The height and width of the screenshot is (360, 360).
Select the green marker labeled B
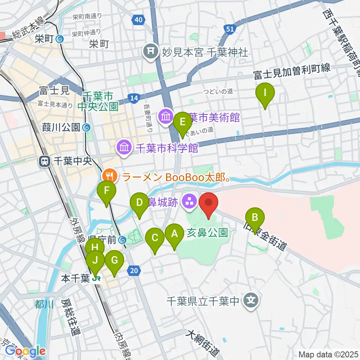[x=255, y=217]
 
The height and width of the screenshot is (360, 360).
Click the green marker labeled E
[x=183, y=122]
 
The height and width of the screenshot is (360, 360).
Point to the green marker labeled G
[x=114, y=261]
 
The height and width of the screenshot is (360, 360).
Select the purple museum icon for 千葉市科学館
[x=124, y=148]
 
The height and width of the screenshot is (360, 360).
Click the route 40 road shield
[x=138, y=19]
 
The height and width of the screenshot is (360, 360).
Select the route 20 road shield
[x=135, y=270]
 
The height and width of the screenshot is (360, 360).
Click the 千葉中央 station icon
[x=45, y=162]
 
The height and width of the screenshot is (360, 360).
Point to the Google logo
[x=25, y=351]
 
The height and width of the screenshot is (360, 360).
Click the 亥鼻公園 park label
[x=207, y=233]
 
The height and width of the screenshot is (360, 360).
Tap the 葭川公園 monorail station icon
[x=87, y=128]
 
